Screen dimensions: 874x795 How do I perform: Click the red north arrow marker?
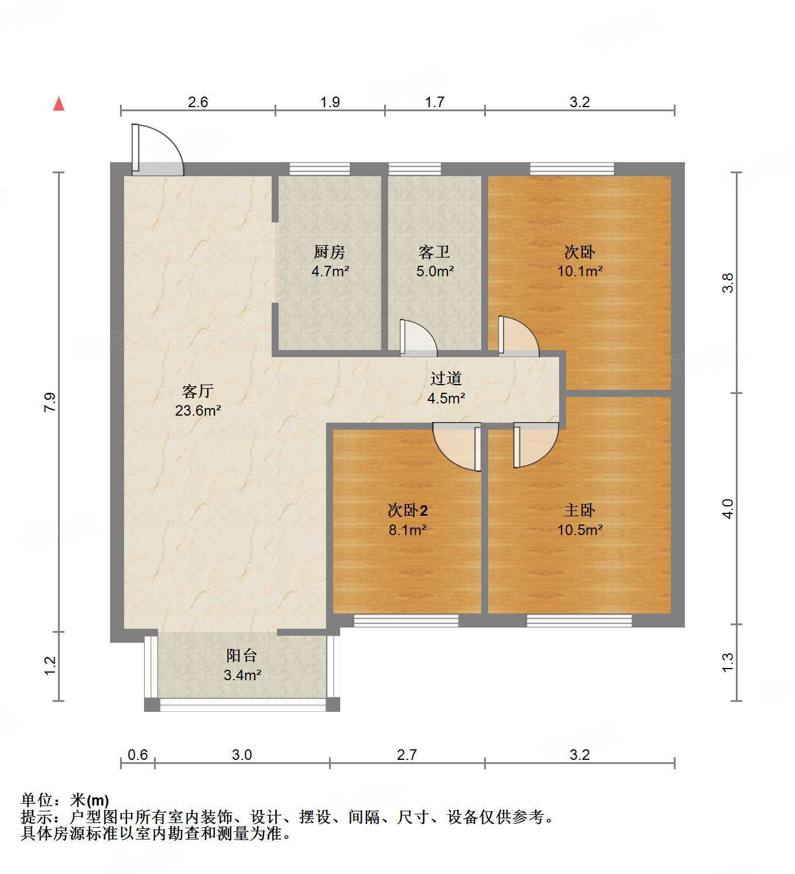(x=59, y=104)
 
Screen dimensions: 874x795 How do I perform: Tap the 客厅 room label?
(x=198, y=391)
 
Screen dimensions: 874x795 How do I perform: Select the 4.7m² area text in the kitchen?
(x=330, y=272)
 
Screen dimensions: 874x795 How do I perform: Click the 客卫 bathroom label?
(x=434, y=252)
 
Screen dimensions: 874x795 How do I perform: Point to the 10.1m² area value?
(x=580, y=272)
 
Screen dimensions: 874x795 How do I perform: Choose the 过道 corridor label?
(x=446, y=379)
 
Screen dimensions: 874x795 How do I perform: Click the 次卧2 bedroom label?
(x=407, y=510)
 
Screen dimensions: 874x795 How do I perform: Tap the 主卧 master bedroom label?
(x=580, y=510)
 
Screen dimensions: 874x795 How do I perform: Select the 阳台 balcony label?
(x=242, y=656)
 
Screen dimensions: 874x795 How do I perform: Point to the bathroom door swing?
(x=418, y=339)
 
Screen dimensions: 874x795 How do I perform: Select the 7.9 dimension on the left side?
(x=50, y=402)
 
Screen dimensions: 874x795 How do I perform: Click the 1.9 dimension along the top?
(x=330, y=102)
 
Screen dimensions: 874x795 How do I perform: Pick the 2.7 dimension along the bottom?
(x=407, y=755)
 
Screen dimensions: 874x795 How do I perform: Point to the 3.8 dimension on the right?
(x=728, y=283)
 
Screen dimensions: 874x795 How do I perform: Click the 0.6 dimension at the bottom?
(x=138, y=755)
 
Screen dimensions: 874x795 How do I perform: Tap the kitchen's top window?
(x=320, y=169)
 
